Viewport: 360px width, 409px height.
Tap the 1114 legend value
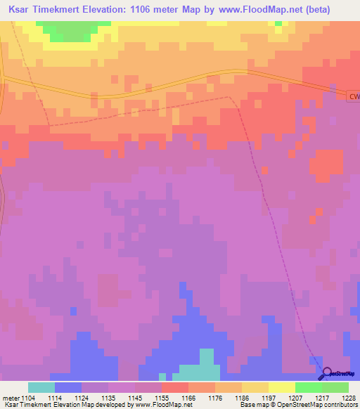click(x=55, y=397)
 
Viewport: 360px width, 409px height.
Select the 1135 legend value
click(x=108, y=397)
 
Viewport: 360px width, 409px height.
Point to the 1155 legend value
click(x=162, y=397)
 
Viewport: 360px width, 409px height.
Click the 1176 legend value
click(x=215, y=397)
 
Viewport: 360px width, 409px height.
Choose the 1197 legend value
click(x=269, y=397)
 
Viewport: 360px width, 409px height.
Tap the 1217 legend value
click(x=322, y=397)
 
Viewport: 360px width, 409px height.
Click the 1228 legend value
click(x=349, y=397)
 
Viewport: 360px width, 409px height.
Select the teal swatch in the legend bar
click(x=41, y=387)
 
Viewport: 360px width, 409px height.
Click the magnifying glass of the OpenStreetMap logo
click(x=325, y=373)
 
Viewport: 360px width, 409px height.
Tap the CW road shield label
click(x=354, y=96)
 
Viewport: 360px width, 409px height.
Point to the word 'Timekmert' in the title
click(x=64, y=9)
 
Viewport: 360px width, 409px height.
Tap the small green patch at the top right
click(x=279, y=24)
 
